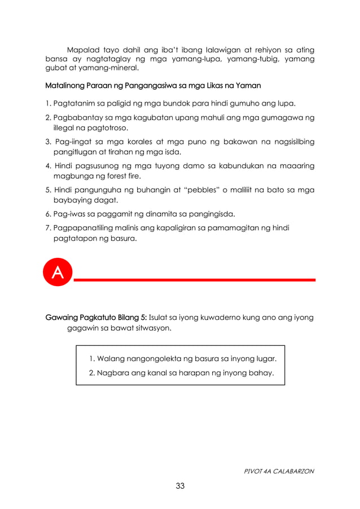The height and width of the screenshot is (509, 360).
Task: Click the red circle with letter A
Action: (58, 273)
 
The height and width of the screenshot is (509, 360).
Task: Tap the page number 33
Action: (180, 486)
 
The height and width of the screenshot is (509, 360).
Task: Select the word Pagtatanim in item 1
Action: (73, 104)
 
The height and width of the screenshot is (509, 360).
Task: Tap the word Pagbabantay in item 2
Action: (76, 118)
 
